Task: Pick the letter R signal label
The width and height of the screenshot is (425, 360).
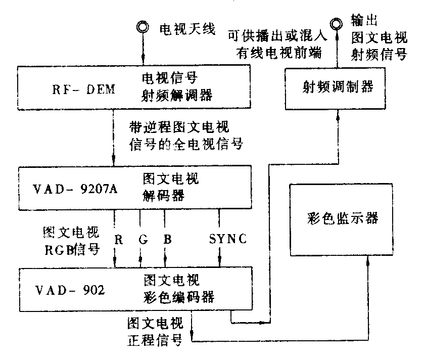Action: pos(118,239)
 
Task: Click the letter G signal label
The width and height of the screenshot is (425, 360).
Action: pos(143,239)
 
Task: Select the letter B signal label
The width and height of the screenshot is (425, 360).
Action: pos(167,239)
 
